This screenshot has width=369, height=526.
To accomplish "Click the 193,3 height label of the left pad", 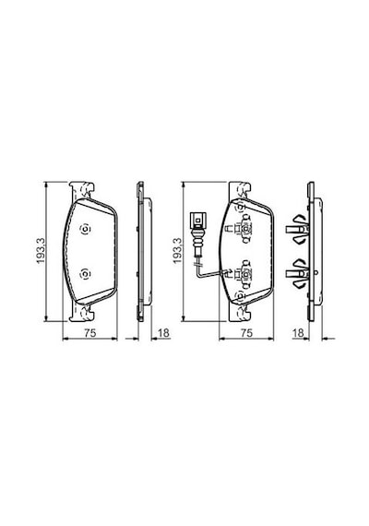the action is point(41,251).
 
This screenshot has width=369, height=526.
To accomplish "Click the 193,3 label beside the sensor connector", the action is point(177,251).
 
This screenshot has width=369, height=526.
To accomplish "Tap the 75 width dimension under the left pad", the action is point(89,333).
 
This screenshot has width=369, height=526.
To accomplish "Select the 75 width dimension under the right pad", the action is point(246,333).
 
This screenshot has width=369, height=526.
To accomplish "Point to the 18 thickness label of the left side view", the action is point(163,333).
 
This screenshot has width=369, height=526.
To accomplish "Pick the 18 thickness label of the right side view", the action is point(298,333).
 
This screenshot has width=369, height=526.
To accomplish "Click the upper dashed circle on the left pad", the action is point(85,230).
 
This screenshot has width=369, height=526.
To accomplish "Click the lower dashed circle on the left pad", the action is point(85,274).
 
